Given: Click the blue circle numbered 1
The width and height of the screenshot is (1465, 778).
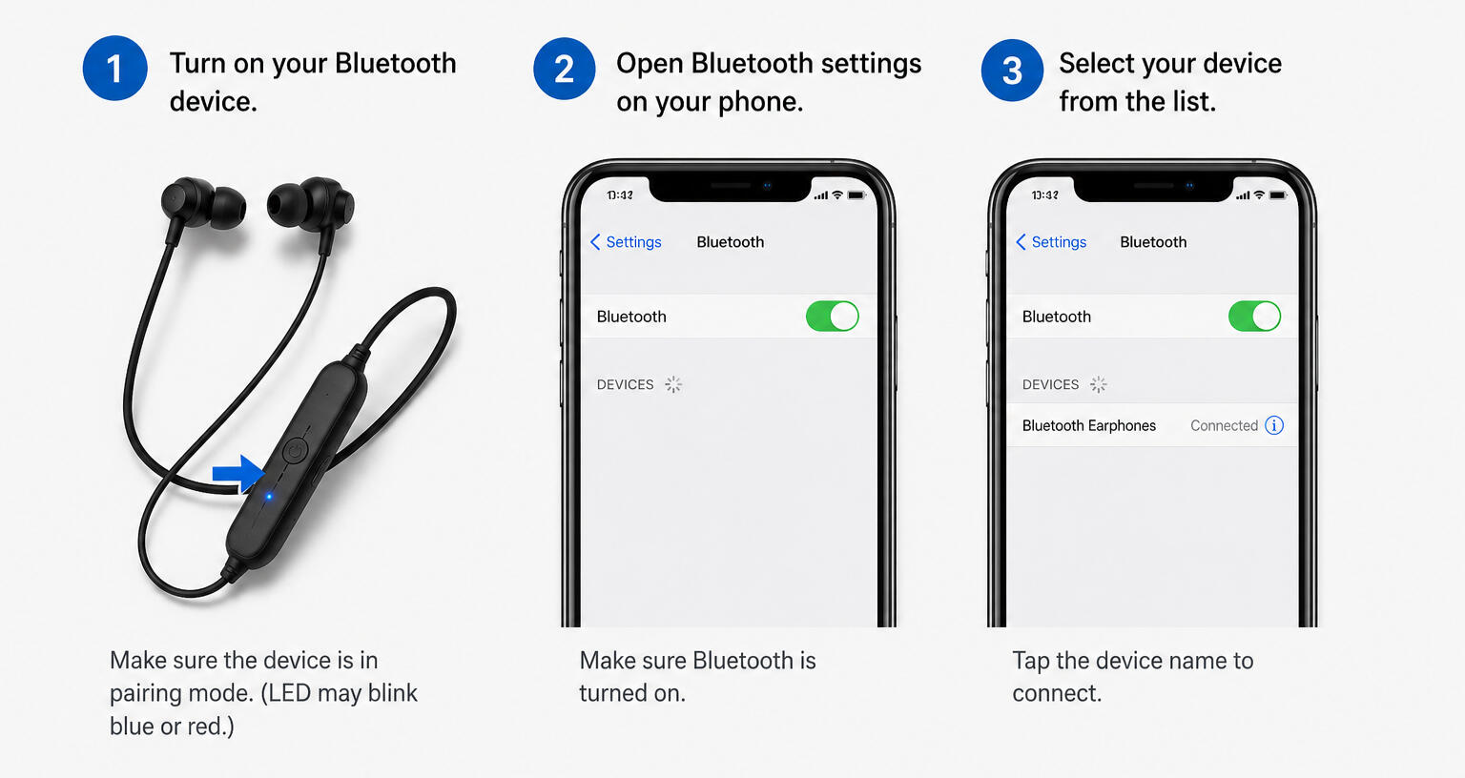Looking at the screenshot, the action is click(x=115, y=68).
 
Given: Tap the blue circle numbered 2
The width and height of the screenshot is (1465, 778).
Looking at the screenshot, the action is click(x=564, y=69).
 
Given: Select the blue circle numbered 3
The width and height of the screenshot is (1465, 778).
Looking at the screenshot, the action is click(x=1012, y=71).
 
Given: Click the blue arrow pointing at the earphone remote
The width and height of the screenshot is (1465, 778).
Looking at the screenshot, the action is click(x=238, y=473).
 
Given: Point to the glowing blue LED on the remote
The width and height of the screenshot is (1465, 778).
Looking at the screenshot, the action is click(x=268, y=497).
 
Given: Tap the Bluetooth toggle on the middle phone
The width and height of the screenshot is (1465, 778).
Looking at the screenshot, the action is click(x=832, y=317).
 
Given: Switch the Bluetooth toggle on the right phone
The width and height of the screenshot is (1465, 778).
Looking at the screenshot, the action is click(x=1254, y=317).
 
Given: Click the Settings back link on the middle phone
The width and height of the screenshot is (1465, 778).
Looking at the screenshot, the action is click(x=626, y=242).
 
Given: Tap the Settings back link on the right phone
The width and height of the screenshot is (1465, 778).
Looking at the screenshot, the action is click(x=1051, y=242).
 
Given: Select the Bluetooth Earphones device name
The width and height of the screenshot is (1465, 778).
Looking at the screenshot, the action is click(x=1089, y=425).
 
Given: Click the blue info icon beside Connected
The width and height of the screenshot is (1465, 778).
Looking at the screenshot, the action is click(x=1274, y=425).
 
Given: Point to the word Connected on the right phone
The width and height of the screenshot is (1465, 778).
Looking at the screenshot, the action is click(x=1224, y=425).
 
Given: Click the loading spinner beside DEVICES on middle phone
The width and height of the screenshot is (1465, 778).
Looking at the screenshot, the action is click(x=673, y=384).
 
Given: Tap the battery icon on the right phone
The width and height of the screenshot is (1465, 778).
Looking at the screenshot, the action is click(x=1279, y=194).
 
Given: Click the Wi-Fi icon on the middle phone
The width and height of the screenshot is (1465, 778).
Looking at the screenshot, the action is click(x=837, y=194).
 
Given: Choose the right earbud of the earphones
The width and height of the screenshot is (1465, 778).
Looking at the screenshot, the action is click(x=310, y=203).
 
